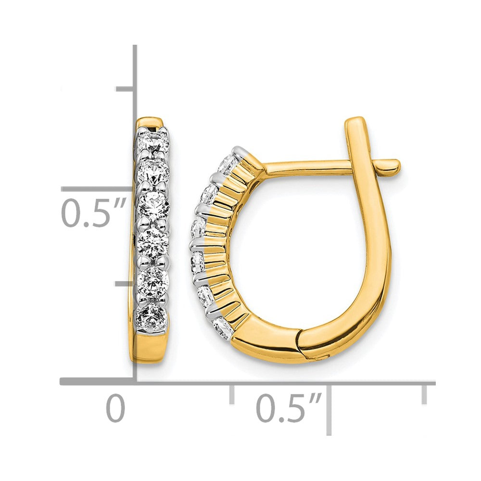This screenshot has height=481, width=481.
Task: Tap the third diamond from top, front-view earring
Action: pos(154,204)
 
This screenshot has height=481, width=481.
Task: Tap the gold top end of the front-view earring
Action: pos(149,122)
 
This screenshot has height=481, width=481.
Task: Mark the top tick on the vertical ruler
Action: pos(125,89)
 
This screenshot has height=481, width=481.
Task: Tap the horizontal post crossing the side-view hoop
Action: pos(308,167)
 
